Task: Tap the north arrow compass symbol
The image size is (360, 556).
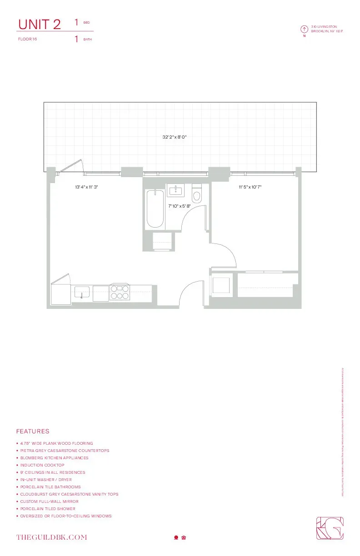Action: (x=305, y=30)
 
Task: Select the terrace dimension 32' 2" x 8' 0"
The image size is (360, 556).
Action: (x=175, y=137)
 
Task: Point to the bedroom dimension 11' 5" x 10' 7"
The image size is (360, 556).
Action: (x=250, y=187)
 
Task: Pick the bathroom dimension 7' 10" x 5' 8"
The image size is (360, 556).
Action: (x=179, y=206)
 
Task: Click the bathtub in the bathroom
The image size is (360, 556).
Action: (x=155, y=208)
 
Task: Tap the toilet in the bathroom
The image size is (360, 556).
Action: (x=197, y=194)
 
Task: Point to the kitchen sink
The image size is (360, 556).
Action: (x=82, y=292)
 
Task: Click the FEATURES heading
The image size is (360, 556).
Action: (x=33, y=431)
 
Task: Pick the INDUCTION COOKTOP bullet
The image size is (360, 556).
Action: (x=42, y=465)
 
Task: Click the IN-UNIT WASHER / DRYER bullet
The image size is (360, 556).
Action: (x=46, y=480)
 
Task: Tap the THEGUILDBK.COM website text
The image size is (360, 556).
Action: (x=51, y=537)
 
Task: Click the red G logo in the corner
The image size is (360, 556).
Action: (x=330, y=528)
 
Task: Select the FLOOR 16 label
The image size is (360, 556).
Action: (x=27, y=39)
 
